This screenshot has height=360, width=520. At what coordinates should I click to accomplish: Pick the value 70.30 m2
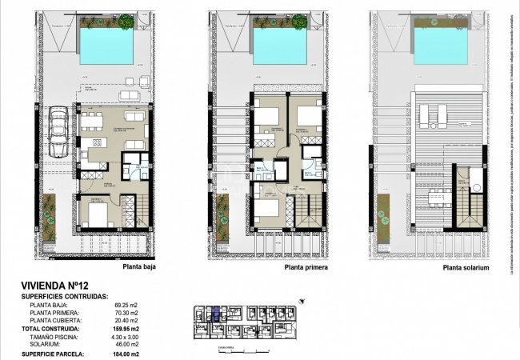click(x=123, y=313)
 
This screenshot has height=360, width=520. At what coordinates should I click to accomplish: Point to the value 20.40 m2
click(x=123, y=321)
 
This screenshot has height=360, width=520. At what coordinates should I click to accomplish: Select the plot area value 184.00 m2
click(x=123, y=354)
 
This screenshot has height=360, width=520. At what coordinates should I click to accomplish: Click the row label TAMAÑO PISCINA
click(x=55, y=337)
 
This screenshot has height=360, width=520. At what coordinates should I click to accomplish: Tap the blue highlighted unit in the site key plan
click(x=214, y=314)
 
